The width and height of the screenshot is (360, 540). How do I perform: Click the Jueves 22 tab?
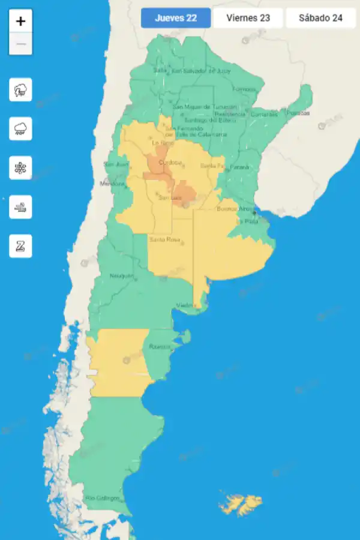(x=176, y=18)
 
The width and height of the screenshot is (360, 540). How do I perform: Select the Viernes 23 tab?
(x=248, y=18)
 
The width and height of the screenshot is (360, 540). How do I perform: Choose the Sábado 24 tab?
(x=320, y=18)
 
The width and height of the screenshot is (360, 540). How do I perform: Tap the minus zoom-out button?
(x=21, y=44)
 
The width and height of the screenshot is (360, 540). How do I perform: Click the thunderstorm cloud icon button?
(x=21, y=91)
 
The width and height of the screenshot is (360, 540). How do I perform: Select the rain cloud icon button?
(x=21, y=128)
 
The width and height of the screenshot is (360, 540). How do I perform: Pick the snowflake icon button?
(x=21, y=167)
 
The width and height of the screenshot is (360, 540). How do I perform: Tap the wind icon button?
(x=21, y=206)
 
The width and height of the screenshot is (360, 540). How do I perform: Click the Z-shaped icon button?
(x=21, y=245)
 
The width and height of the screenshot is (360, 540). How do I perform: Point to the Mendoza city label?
(x=112, y=184)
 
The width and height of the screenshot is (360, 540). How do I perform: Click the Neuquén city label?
(x=121, y=276)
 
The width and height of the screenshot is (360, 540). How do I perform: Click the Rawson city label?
(x=160, y=347)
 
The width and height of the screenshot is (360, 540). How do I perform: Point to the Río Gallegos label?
(x=103, y=498)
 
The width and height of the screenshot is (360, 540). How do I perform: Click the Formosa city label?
(x=244, y=89)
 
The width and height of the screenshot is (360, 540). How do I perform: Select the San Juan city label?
(x=116, y=164)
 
